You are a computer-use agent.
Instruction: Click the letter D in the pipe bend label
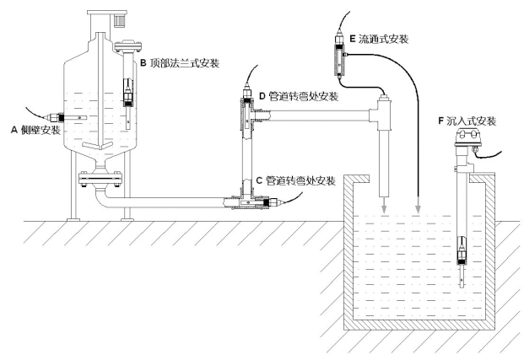point(262,96)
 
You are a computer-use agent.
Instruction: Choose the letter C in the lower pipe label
point(258,180)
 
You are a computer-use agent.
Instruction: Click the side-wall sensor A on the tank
point(57,118)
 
